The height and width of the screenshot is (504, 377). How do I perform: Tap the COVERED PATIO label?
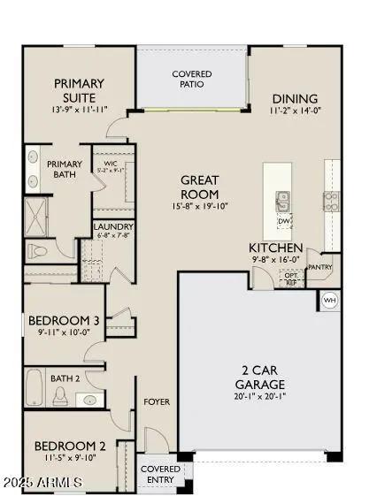click(x=191, y=79)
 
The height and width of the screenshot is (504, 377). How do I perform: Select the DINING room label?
click(x=295, y=99)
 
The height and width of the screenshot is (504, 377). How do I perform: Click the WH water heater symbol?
click(x=329, y=300)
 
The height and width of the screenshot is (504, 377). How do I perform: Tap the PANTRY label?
click(x=319, y=266)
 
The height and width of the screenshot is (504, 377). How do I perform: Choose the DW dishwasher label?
click(x=283, y=222)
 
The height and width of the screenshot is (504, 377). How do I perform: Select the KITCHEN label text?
click(x=276, y=248)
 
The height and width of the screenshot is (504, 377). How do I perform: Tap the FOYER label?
click(x=158, y=402)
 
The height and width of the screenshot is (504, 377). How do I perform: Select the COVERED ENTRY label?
click(x=159, y=474)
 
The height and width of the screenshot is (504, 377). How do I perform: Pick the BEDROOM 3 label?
click(x=64, y=320)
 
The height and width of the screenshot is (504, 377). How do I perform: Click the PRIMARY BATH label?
click(x=65, y=169)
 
